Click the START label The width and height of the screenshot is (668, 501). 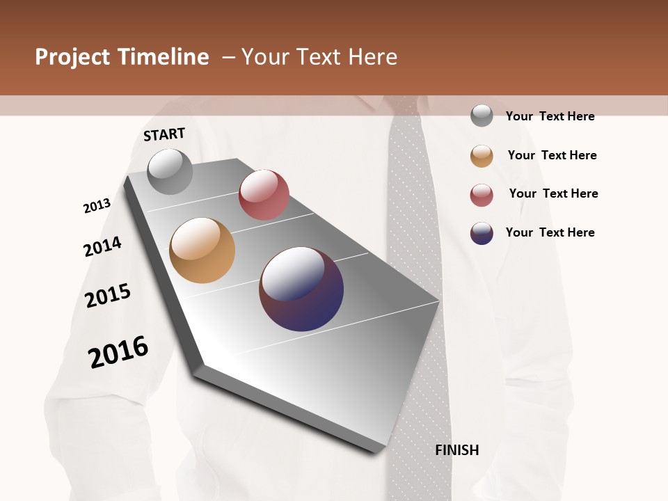coord(164,134)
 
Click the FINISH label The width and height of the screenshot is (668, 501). coord(457,450)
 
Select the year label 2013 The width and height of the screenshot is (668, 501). coord(97,206)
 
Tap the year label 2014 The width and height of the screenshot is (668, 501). coord(102,246)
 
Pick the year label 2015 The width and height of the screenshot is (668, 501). coord(108,296)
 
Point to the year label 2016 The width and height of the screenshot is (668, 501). coord(118,352)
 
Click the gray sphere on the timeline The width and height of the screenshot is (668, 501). coord(170,171)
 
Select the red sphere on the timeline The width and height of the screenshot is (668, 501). coord(264,195)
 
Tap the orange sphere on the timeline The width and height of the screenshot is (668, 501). coord(202,250)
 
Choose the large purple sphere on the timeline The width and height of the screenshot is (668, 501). coord(301,289)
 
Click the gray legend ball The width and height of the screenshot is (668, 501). coord(482,116)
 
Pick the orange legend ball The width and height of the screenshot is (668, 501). coord(482,156)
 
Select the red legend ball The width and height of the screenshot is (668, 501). coord(482,195)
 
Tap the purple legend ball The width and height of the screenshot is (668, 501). coord(482,233)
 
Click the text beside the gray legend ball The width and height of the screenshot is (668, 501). coord(550,116)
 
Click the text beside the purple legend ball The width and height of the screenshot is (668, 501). coord(550,232)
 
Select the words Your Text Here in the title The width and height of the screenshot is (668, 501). coord(319,57)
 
